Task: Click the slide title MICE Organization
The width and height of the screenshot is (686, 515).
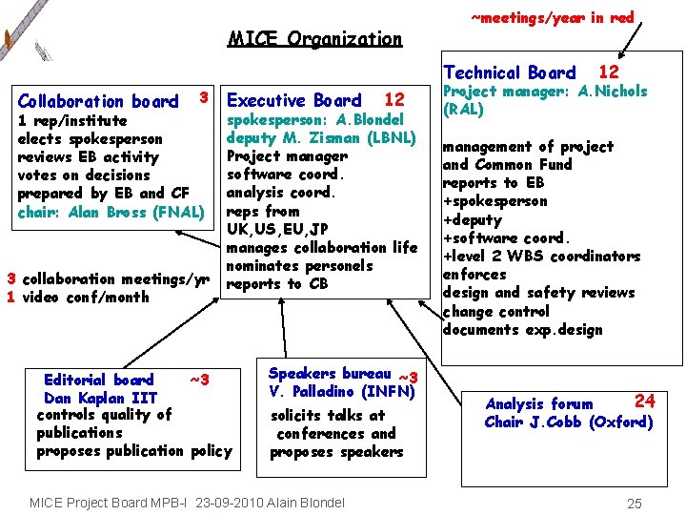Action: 315,39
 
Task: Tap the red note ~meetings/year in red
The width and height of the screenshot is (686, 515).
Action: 553,17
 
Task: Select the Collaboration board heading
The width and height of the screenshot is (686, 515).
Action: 98,101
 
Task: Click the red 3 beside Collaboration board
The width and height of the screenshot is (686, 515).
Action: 203,96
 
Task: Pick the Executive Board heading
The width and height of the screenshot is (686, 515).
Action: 294,100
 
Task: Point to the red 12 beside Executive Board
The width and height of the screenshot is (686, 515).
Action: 393,99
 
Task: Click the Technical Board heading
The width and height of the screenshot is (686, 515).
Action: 510,72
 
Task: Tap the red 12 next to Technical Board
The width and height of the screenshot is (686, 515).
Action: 608,72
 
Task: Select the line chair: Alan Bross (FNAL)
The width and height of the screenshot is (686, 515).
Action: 111,212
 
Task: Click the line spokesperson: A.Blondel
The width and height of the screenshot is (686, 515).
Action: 315,119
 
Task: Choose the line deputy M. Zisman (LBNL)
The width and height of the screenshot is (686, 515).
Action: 322,137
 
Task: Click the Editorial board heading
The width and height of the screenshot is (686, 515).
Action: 98,380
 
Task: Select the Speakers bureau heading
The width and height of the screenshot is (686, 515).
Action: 330,374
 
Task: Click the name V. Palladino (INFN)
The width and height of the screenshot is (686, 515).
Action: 339,391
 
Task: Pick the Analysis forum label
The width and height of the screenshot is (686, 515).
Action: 538,404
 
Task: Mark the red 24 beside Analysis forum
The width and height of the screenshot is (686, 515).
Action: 645,401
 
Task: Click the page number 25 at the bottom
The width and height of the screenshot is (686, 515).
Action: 635,503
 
